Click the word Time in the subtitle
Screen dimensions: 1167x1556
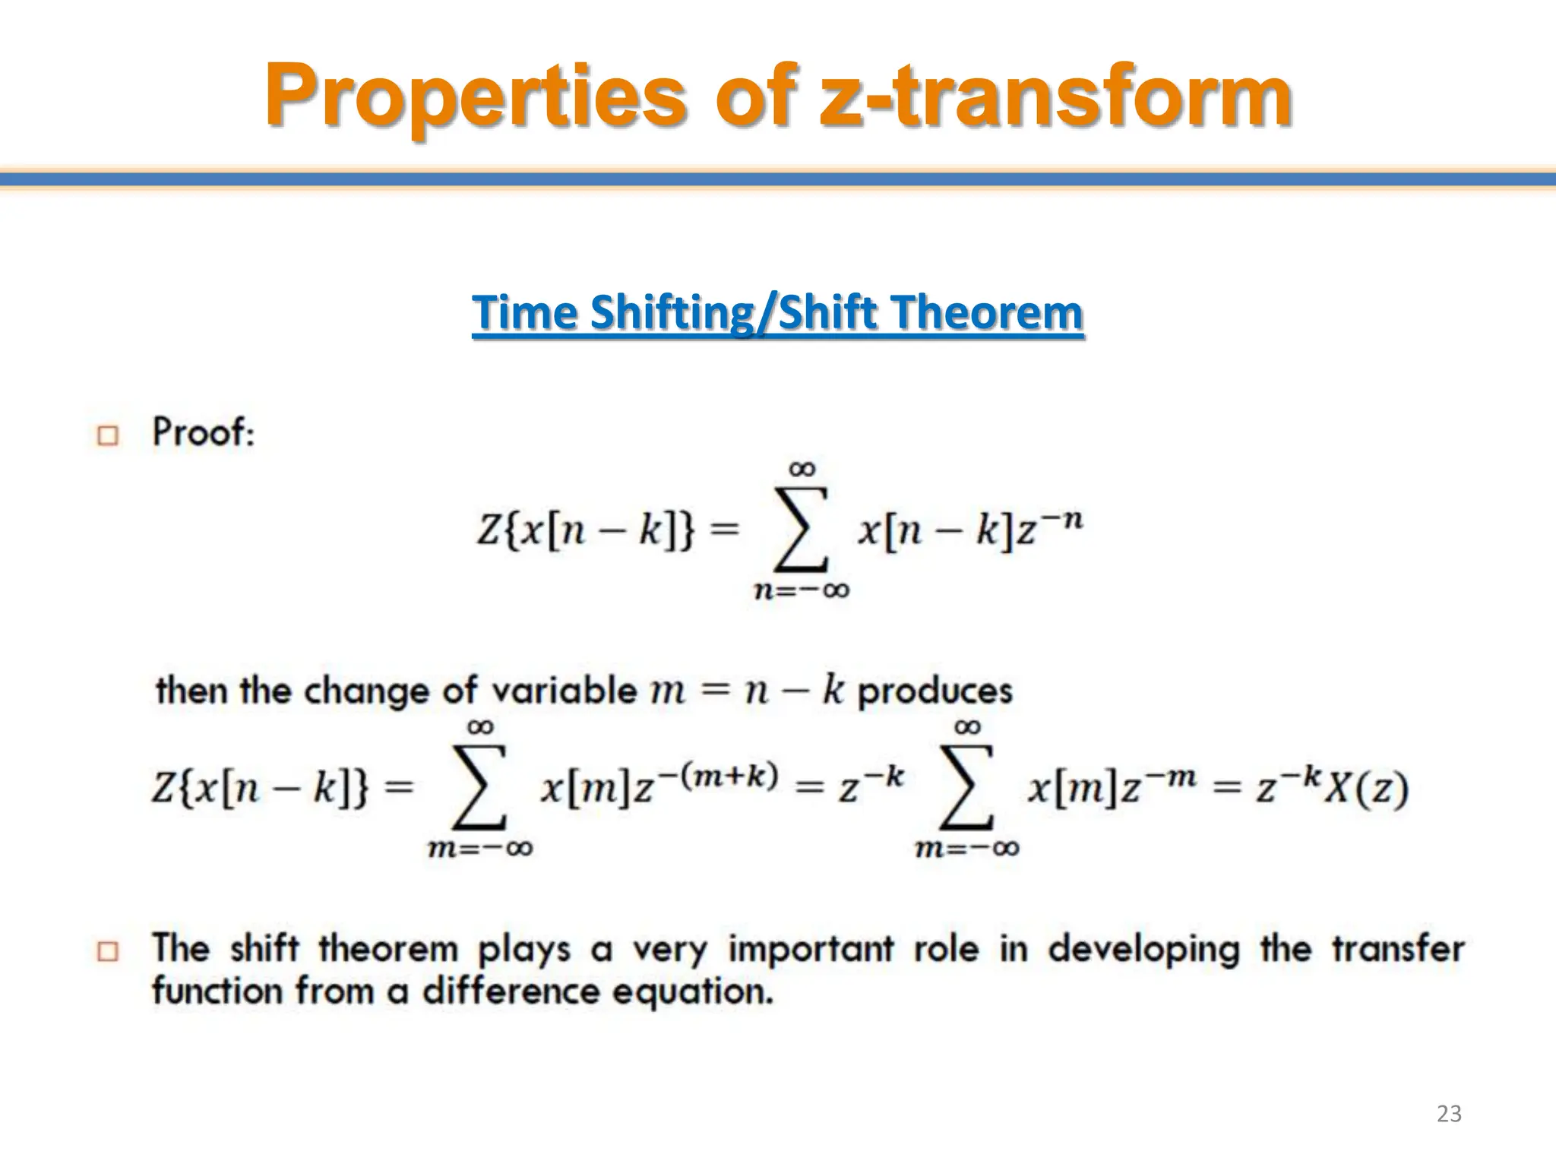(524, 312)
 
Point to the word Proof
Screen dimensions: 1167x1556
(203, 432)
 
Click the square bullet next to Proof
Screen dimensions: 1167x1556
(108, 435)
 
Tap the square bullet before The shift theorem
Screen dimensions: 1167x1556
(108, 951)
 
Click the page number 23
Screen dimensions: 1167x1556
(1449, 1114)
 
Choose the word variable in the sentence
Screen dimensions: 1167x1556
(564, 691)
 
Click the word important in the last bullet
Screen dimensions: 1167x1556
(811, 950)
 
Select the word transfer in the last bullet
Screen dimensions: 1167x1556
(1397, 950)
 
